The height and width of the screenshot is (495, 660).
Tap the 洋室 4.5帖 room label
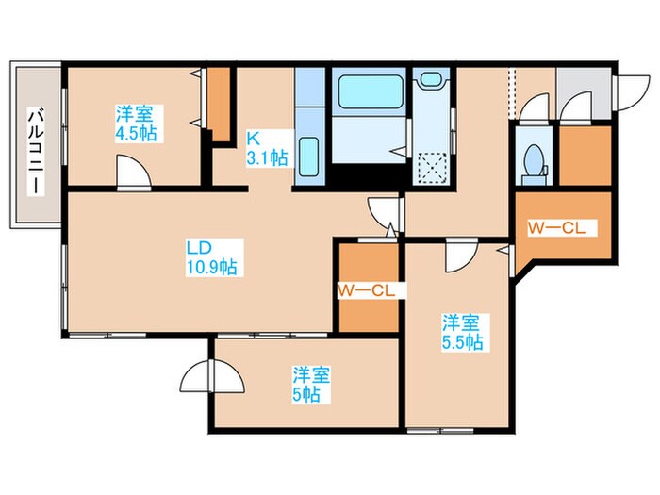(x=135, y=123)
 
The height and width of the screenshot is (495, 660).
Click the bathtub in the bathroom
(x=370, y=95)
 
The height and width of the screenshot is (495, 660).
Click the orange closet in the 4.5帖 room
(x=219, y=106)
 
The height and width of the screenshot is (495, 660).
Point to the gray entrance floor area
(x=575, y=95)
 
